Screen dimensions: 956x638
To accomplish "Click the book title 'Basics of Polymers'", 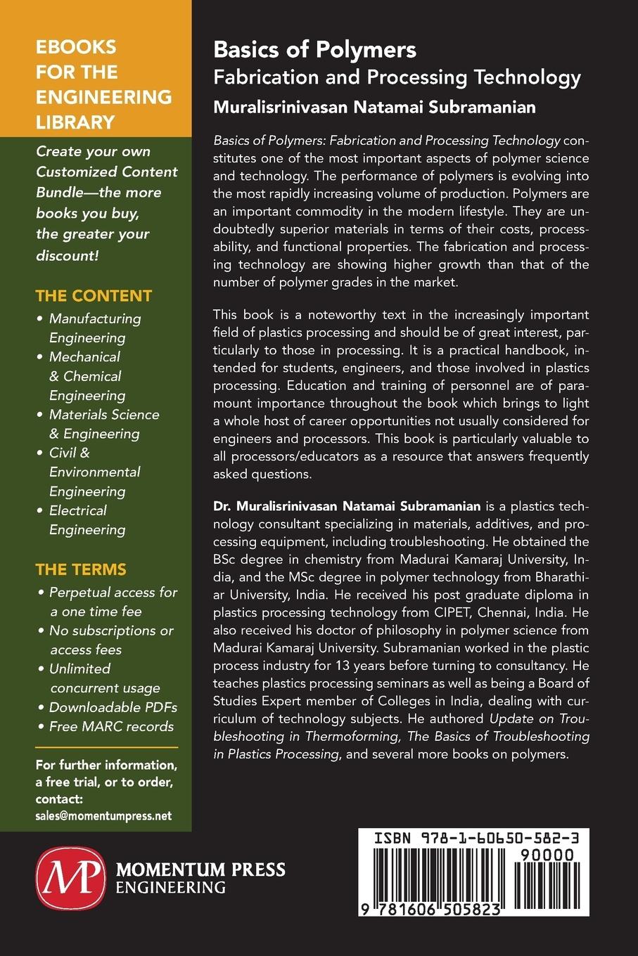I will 314,50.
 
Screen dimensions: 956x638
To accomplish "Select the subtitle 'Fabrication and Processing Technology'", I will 397,77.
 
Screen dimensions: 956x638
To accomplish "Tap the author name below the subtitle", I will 374,107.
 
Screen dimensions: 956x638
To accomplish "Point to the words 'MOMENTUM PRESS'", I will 200,870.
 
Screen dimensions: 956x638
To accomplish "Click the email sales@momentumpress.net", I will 103,816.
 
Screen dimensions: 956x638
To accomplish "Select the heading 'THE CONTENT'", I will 94,296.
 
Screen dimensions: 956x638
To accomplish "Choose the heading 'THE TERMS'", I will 81,569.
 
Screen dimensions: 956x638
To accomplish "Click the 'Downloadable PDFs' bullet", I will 113,707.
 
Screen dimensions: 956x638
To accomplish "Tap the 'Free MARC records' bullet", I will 111,726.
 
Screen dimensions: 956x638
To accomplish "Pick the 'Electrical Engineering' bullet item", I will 87,520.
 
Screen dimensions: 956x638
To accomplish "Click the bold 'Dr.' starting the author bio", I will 223,506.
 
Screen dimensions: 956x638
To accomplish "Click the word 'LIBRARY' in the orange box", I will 75,122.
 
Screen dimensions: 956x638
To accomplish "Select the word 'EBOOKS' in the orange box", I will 76,47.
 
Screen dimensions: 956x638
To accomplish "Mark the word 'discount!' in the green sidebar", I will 68,254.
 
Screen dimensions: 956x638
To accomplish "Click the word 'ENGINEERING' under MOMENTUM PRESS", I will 170,887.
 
